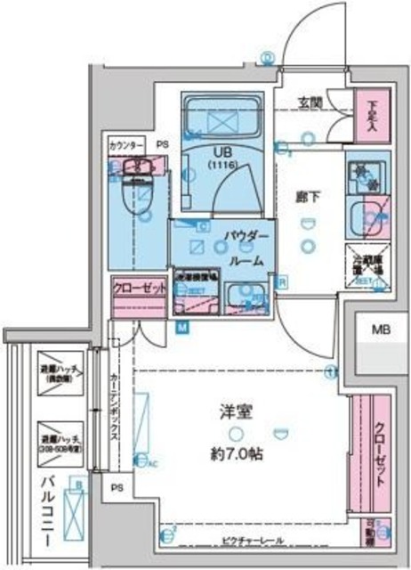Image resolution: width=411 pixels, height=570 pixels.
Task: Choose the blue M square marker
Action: (x=182, y=328)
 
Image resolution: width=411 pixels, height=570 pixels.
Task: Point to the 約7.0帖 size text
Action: (x=238, y=453)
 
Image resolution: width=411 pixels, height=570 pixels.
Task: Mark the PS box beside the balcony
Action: (x=117, y=488)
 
